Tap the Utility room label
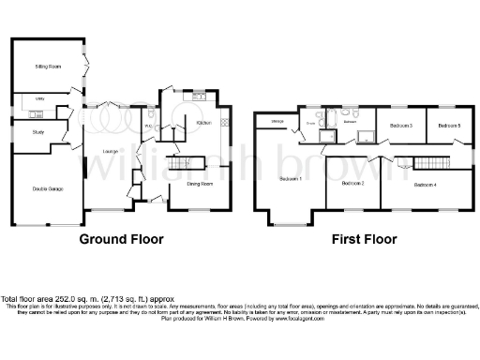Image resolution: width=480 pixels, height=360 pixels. point(26,97)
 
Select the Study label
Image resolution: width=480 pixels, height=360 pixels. point(25,132)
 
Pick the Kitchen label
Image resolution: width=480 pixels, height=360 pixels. point(203,123)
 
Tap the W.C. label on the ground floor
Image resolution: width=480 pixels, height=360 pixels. point(150,127)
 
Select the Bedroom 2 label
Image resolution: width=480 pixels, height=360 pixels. point(352,183)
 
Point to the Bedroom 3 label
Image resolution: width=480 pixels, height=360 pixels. point(402,125)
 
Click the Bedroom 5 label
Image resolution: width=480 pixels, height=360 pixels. point(452,125)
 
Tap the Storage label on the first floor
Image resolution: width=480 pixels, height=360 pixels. point(277,122)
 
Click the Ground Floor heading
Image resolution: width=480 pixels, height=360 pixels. point(121,239)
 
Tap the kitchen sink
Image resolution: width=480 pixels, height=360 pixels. point(199,97)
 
